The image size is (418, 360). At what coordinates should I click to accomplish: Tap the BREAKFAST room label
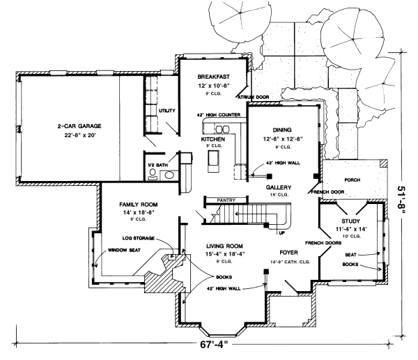tap(213, 76)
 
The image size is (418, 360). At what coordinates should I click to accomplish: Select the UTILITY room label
tap(167, 111)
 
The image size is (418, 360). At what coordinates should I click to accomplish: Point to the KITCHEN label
tap(213, 139)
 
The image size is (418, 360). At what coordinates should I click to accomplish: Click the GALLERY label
tap(279, 188)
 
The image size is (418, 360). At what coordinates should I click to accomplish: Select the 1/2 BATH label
tap(156, 165)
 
